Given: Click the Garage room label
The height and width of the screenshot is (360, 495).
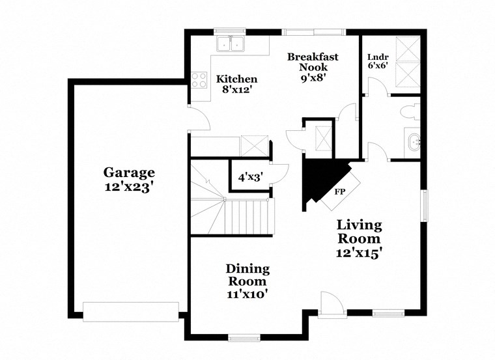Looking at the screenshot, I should pyautogui.click(x=129, y=173).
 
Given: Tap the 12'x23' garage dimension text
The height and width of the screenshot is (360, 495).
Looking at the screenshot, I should pyautogui.click(x=129, y=187).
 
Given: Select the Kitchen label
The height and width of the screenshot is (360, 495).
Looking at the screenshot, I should pyautogui.click(x=232, y=79).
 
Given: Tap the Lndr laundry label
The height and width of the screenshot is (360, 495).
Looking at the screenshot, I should pyautogui.click(x=377, y=57).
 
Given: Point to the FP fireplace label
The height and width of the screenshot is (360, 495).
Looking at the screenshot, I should pyautogui.click(x=339, y=192).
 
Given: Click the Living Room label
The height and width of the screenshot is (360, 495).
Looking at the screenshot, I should pyautogui.click(x=359, y=232).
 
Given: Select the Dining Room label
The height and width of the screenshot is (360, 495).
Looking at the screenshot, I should pyautogui.click(x=247, y=275).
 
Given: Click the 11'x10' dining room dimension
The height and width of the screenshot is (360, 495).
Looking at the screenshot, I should pyautogui.click(x=247, y=294).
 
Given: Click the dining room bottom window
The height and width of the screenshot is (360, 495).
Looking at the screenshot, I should pyautogui.click(x=244, y=337).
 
